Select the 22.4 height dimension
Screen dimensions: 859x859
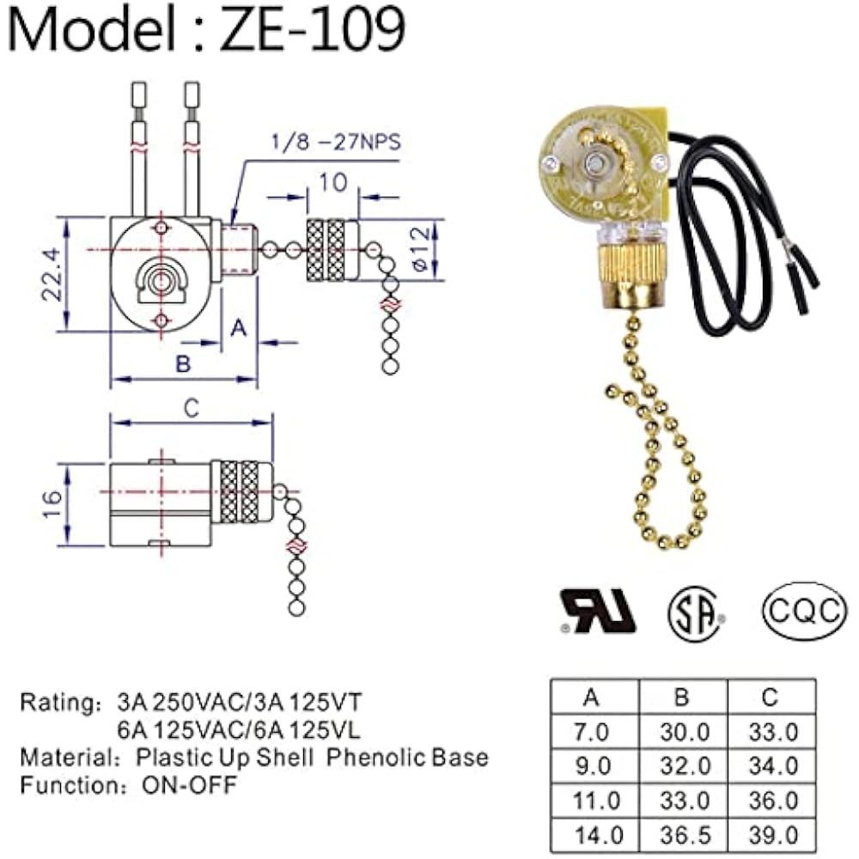pyautogui.click(x=52, y=274)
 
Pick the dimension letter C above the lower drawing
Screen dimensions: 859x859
pyautogui.click(x=192, y=408)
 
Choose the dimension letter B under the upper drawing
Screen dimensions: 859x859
pyautogui.click(x=183, y=363)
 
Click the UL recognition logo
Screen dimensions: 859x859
pyautogui.click(x=598, y=612)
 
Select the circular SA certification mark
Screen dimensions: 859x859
pyautogui.click(x=697, y=612)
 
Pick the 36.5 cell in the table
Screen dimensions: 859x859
pyautogui.click(x=681, y=834)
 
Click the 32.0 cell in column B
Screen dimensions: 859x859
pyautogui.click(x=681, y=765)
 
